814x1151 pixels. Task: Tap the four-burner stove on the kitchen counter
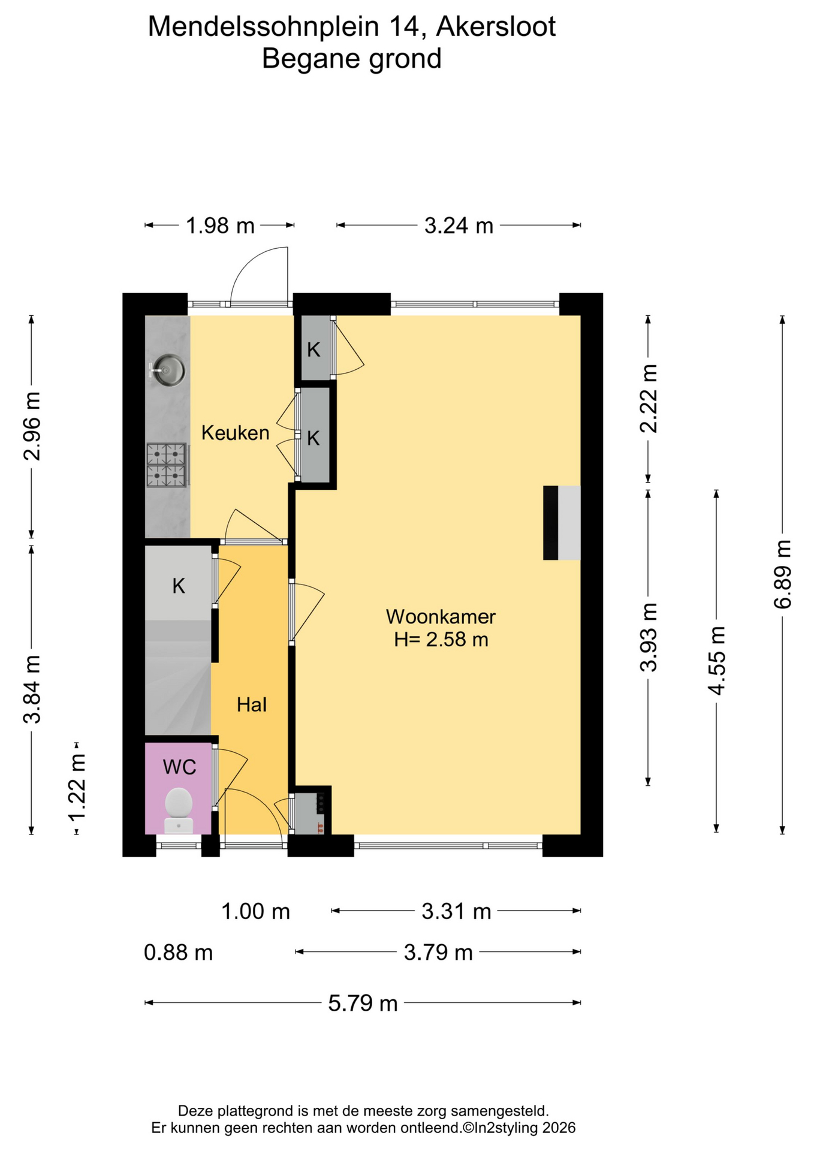167,465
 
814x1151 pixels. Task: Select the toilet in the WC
179,811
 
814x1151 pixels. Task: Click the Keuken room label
235,433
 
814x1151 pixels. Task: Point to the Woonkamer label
441,616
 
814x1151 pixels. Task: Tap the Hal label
252,704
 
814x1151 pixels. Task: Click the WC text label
179,767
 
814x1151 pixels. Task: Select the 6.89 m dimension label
782,574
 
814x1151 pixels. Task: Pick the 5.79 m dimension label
363,1003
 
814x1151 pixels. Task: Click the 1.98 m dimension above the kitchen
220,226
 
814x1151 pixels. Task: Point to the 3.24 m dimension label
459,226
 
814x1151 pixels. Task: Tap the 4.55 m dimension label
716,661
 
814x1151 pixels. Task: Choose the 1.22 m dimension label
77,787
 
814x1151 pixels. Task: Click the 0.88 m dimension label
178,952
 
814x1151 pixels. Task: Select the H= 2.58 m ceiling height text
441,640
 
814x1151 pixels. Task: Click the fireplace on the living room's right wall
562,523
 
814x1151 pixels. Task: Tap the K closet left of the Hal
179,585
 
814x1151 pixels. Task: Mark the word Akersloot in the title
496,26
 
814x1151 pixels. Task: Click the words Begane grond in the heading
352,59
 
